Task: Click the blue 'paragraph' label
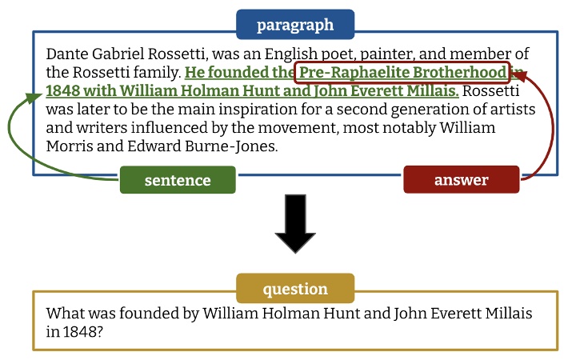tap(295, 25)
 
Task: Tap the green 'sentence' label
tap(178, 180)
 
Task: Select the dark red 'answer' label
tap(461, 180)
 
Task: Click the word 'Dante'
tap(66, 54)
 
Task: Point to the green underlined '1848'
tap(62, 91)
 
